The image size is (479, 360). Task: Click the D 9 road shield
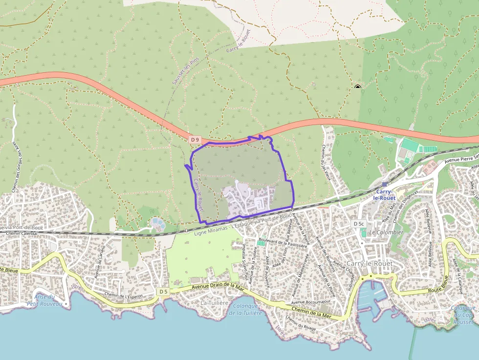click(x=195, y=140)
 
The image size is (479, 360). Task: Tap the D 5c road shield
click(x=359, y=224)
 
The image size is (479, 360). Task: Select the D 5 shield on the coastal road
click(x=163, y=292)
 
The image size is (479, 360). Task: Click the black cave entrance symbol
click(x=358, y=87)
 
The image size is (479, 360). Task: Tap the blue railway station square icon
click(x=385, y=184)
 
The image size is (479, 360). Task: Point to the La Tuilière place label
click(x=215, y=303)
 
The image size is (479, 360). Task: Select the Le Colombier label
click(x=386, y=233)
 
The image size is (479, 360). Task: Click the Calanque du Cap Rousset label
click(x=463, y=315)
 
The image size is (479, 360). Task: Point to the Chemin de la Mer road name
click(x=311, y=313)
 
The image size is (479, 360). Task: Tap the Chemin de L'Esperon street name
click(x=123, y=296)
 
